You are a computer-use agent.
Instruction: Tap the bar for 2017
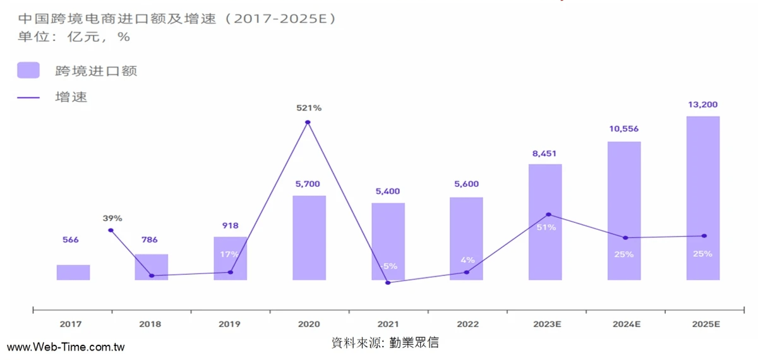coord(73,272)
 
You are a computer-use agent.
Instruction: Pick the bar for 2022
coord(466,238)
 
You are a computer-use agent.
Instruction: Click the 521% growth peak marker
coord(308,122)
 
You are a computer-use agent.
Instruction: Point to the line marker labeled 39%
coord(111,231)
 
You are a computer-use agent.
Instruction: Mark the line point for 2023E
coord(548,215)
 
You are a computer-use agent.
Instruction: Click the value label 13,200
coord(702,105)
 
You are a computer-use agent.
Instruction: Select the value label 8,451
coord(545,153)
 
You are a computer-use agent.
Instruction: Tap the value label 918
coord(230,225)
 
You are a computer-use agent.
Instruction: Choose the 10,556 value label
coord(623,129)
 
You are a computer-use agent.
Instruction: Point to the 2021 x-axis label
coord(387,324)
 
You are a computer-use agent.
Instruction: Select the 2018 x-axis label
coord(150,324)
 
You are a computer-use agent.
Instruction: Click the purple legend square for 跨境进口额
coord(28,70)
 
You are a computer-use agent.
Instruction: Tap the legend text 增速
coord(71,97)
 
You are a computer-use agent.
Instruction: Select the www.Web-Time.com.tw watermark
coord(66,347)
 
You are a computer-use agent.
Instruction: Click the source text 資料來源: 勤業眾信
coord(385,343)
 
